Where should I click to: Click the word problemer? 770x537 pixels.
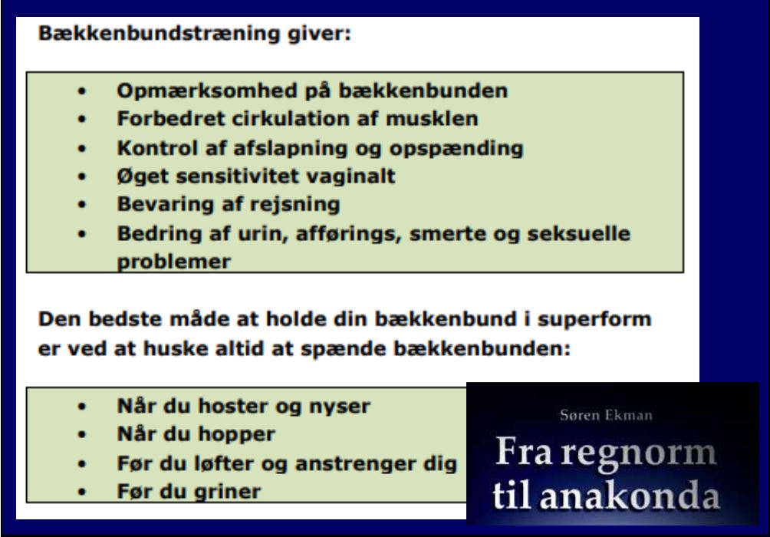point(174,262)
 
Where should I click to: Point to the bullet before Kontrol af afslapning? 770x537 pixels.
point(82,149)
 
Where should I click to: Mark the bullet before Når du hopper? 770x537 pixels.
point(82,435)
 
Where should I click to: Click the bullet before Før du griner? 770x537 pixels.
point(82,492)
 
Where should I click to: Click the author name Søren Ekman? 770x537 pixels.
point(606,416)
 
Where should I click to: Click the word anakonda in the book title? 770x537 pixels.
point(630,496)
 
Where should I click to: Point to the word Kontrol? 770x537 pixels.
point(157,148)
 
